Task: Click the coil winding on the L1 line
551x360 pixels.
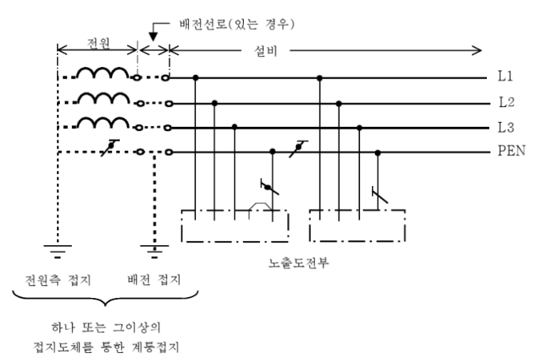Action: click(103, 73)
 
